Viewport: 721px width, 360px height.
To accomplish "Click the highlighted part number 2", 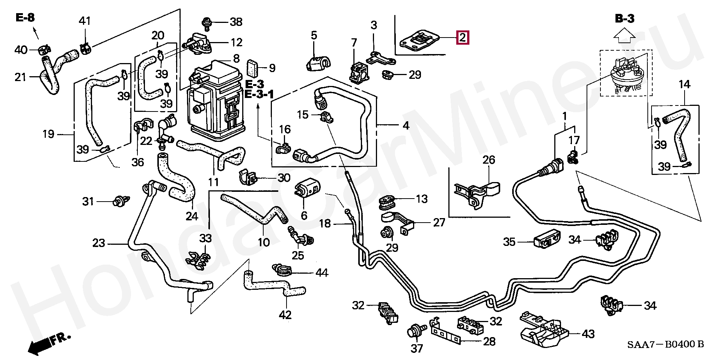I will (x=462, y=38).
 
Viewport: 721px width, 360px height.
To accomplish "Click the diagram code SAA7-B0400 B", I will (x=665, y=344).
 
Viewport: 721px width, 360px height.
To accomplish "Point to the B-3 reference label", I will (x=624, y=18).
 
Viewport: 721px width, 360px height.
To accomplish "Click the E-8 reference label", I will (x=25, y=18).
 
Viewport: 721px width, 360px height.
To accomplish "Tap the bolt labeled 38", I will (x=206, y=23).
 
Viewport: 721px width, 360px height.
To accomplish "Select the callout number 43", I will (x=588, y=333).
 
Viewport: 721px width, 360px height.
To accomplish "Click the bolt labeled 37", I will (x=415, y=331).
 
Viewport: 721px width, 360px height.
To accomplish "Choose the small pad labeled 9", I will (x=252, y=68).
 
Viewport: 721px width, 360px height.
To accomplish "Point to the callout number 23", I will (x=98, y=243).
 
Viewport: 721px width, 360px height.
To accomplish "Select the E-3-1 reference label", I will (x=259, y=94).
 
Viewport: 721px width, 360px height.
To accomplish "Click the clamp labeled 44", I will (x=281, y=270).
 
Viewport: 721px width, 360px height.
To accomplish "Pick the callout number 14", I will (x=684, y=84).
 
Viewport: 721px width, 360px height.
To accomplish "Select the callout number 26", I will (x=489, y=160).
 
